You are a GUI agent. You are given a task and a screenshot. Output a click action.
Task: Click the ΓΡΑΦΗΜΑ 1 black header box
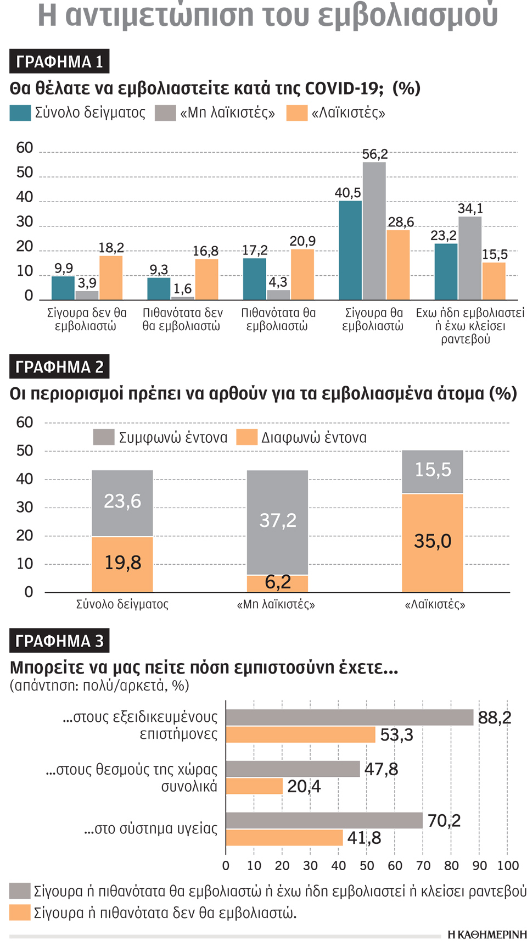tap(59, 61)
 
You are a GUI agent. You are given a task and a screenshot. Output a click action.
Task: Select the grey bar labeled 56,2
tap(374, 231)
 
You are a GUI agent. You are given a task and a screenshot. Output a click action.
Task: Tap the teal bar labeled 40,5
tap(350, 250)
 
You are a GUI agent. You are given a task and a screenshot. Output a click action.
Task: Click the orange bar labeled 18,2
tap(111, 277)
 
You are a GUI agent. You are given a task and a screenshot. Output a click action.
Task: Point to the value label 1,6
tap(183, 289)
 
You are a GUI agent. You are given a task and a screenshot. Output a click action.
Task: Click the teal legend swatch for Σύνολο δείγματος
tap(20, 113)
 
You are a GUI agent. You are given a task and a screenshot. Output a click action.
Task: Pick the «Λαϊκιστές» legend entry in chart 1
tap(336, 113)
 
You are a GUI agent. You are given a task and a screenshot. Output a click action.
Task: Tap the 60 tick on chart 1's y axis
tap(25, 148)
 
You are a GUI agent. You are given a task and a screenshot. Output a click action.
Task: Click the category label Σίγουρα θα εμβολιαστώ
tap(373, 319)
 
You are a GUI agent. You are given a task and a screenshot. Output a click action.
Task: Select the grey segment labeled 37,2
tap(277, 522)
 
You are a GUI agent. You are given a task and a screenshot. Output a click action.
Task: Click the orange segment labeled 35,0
tap(432, 543)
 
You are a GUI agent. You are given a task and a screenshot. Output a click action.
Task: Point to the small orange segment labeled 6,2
tap(277, 583)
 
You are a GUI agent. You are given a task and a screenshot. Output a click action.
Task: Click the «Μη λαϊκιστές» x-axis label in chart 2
tap(276, 604)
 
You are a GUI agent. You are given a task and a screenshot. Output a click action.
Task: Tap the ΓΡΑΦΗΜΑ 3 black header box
tap(59, 641)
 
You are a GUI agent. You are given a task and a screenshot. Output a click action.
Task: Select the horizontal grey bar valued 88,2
tap(349, 717)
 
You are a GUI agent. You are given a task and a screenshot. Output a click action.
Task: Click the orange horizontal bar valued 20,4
tap(254, 786)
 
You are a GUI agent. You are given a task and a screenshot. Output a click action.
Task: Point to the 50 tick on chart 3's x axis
tap(367, 866)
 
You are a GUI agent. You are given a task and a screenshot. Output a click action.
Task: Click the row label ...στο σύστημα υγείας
tap(150, 828)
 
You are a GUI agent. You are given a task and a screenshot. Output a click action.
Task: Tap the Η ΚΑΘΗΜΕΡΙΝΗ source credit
tap(486, 934)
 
